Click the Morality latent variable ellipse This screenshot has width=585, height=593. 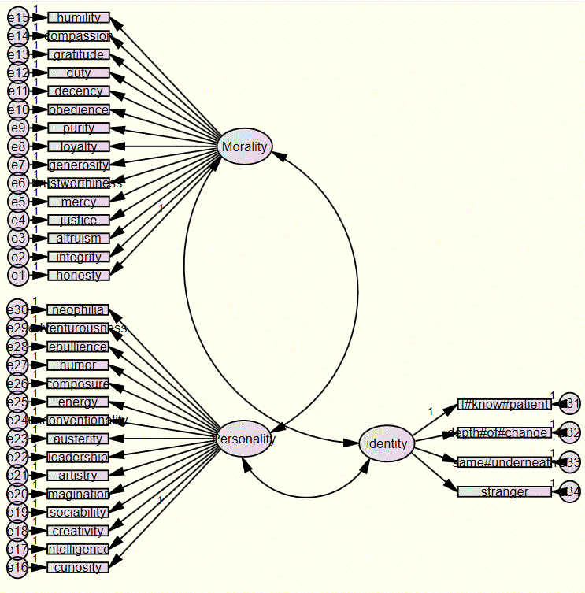245,146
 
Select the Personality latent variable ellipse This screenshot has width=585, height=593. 245,439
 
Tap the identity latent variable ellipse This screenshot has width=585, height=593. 386,443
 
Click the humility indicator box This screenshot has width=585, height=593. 78,18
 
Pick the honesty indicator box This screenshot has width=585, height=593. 78,276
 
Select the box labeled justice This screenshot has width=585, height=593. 78,221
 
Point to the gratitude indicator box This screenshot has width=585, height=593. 78,55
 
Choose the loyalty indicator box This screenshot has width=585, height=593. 78,146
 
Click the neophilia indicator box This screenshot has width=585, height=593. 78,309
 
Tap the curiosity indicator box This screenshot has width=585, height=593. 78,568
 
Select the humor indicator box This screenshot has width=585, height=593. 78,365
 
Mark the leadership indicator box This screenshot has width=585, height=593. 78,457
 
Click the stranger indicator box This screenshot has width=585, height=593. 505,492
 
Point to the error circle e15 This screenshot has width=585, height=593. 18,17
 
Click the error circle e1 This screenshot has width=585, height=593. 18,276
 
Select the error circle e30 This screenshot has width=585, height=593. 18,309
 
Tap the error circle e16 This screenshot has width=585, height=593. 18,568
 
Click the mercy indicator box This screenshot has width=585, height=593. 78,202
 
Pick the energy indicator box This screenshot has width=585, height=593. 78,402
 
